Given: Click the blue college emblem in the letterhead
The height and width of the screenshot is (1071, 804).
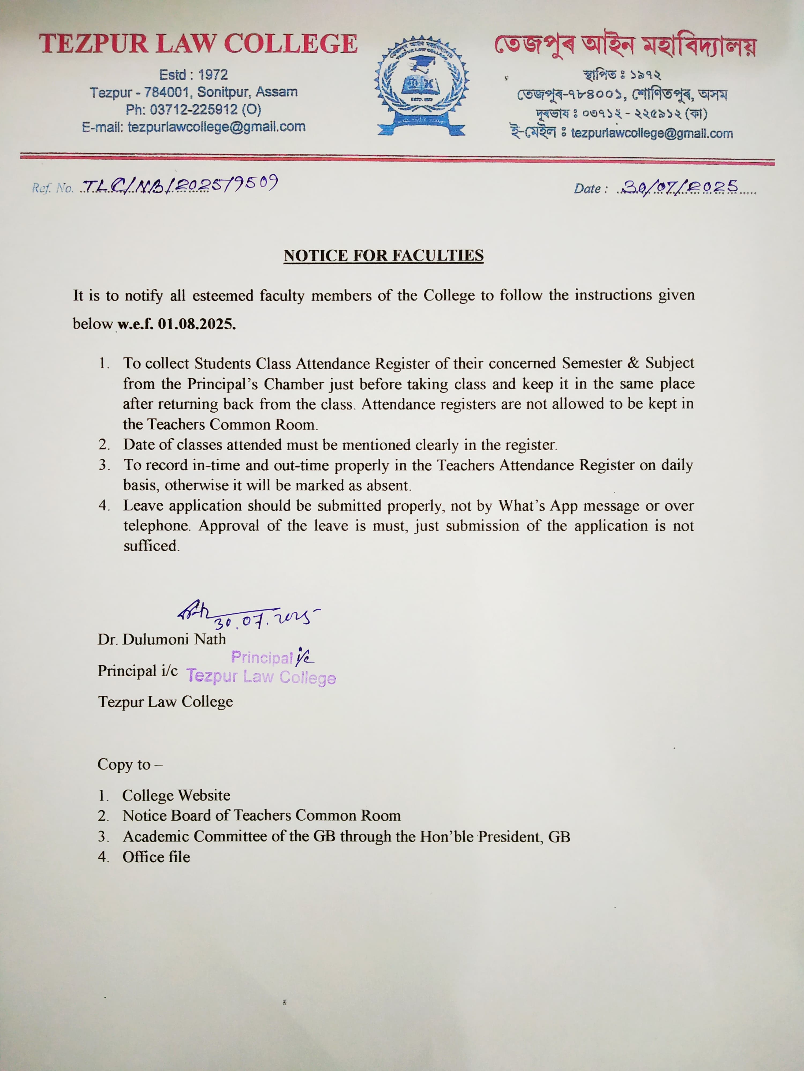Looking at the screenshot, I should point(422,86).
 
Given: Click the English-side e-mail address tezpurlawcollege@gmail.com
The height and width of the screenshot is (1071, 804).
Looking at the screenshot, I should point(217,127).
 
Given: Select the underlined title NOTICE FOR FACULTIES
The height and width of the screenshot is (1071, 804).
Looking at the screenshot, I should point(383,255).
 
